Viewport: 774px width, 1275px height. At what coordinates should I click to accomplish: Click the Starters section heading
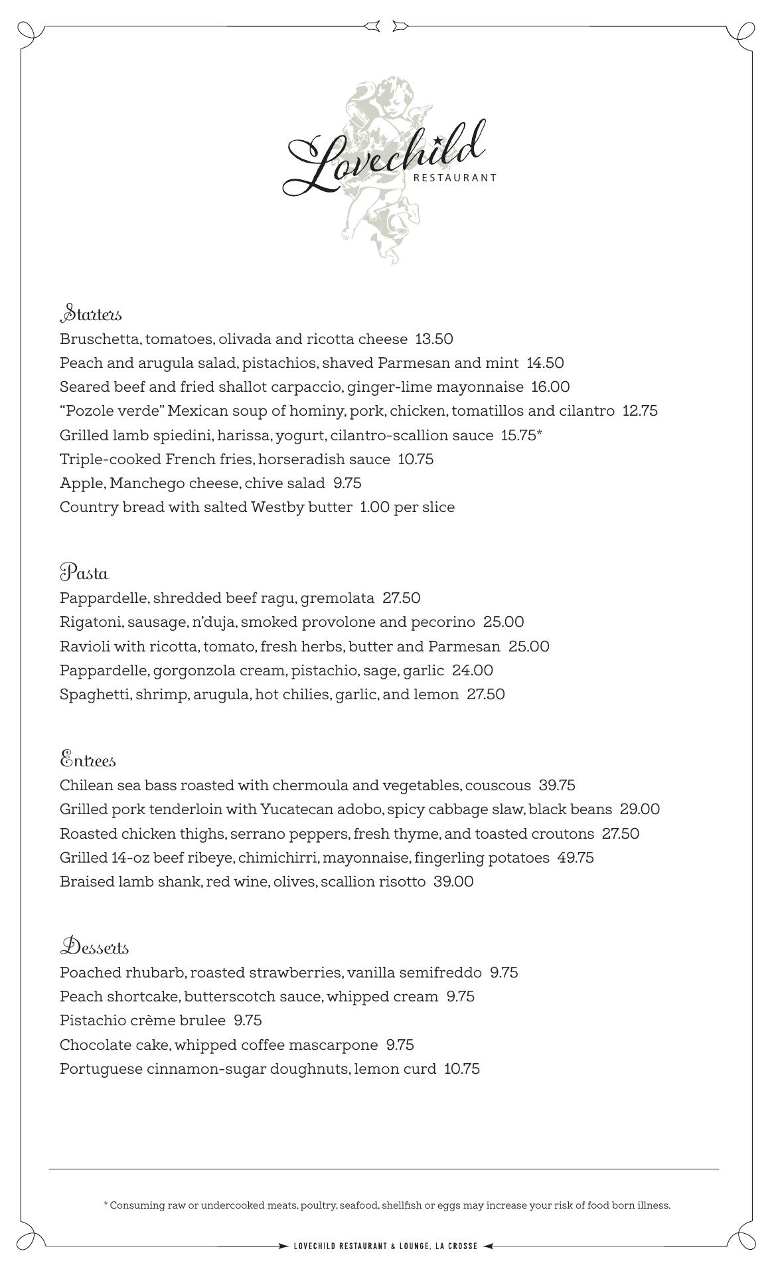(x=91, y=313)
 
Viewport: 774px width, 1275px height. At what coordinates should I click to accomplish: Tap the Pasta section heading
(x=84, y=572)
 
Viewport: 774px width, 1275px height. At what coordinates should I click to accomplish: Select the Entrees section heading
(x=88, y=760)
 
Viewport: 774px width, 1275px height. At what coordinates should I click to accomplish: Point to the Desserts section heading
(x=94, y=947)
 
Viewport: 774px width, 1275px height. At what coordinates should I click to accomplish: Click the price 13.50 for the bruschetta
(x=434, y=339)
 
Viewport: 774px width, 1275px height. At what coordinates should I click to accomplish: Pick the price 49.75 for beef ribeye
(x=576, y=858)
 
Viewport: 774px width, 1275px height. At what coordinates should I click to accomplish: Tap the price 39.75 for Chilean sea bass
(x=557, y=786)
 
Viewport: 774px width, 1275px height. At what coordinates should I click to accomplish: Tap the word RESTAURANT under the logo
(x=455, y=178)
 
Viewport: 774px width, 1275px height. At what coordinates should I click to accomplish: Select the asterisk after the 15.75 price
(x=540, y=434)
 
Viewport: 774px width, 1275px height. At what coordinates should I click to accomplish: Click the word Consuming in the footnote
(x=136, y=1205)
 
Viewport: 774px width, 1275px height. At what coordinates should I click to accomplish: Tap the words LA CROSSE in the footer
(x=457, y=1246)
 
